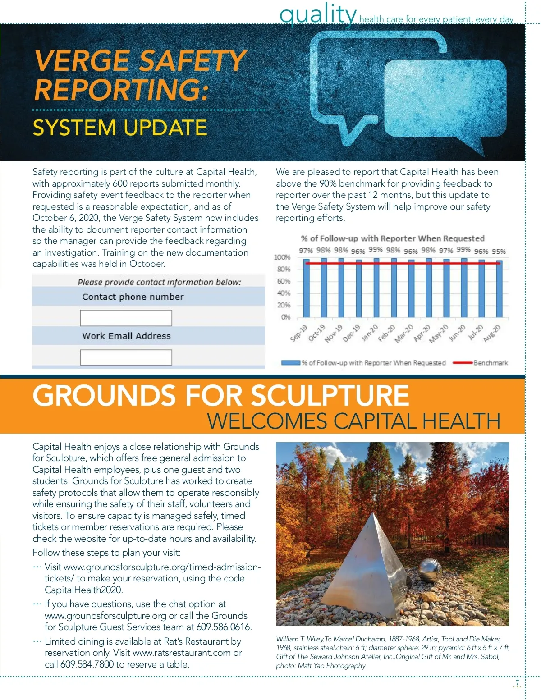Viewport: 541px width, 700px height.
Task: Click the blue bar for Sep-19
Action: coord(306,288)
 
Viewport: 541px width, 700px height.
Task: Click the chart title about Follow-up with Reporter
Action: coord(393,238)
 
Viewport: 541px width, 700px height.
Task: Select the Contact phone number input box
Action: coord(126,318)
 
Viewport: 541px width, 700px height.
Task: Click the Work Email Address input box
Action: coord(126,357)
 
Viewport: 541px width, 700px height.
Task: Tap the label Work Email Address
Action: coord(126,336)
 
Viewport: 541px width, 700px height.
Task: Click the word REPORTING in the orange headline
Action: coord(121,89)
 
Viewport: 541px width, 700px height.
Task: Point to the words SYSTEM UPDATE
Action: coord(120,128)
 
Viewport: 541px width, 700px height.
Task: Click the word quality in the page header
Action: coord(318,14)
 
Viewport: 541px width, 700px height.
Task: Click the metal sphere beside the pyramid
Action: coord(429,572)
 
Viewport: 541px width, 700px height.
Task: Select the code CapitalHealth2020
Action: coord(83,590)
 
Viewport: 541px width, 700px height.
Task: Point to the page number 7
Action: coord(517,683)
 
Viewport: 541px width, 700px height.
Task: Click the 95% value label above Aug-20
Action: coord(499,252)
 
